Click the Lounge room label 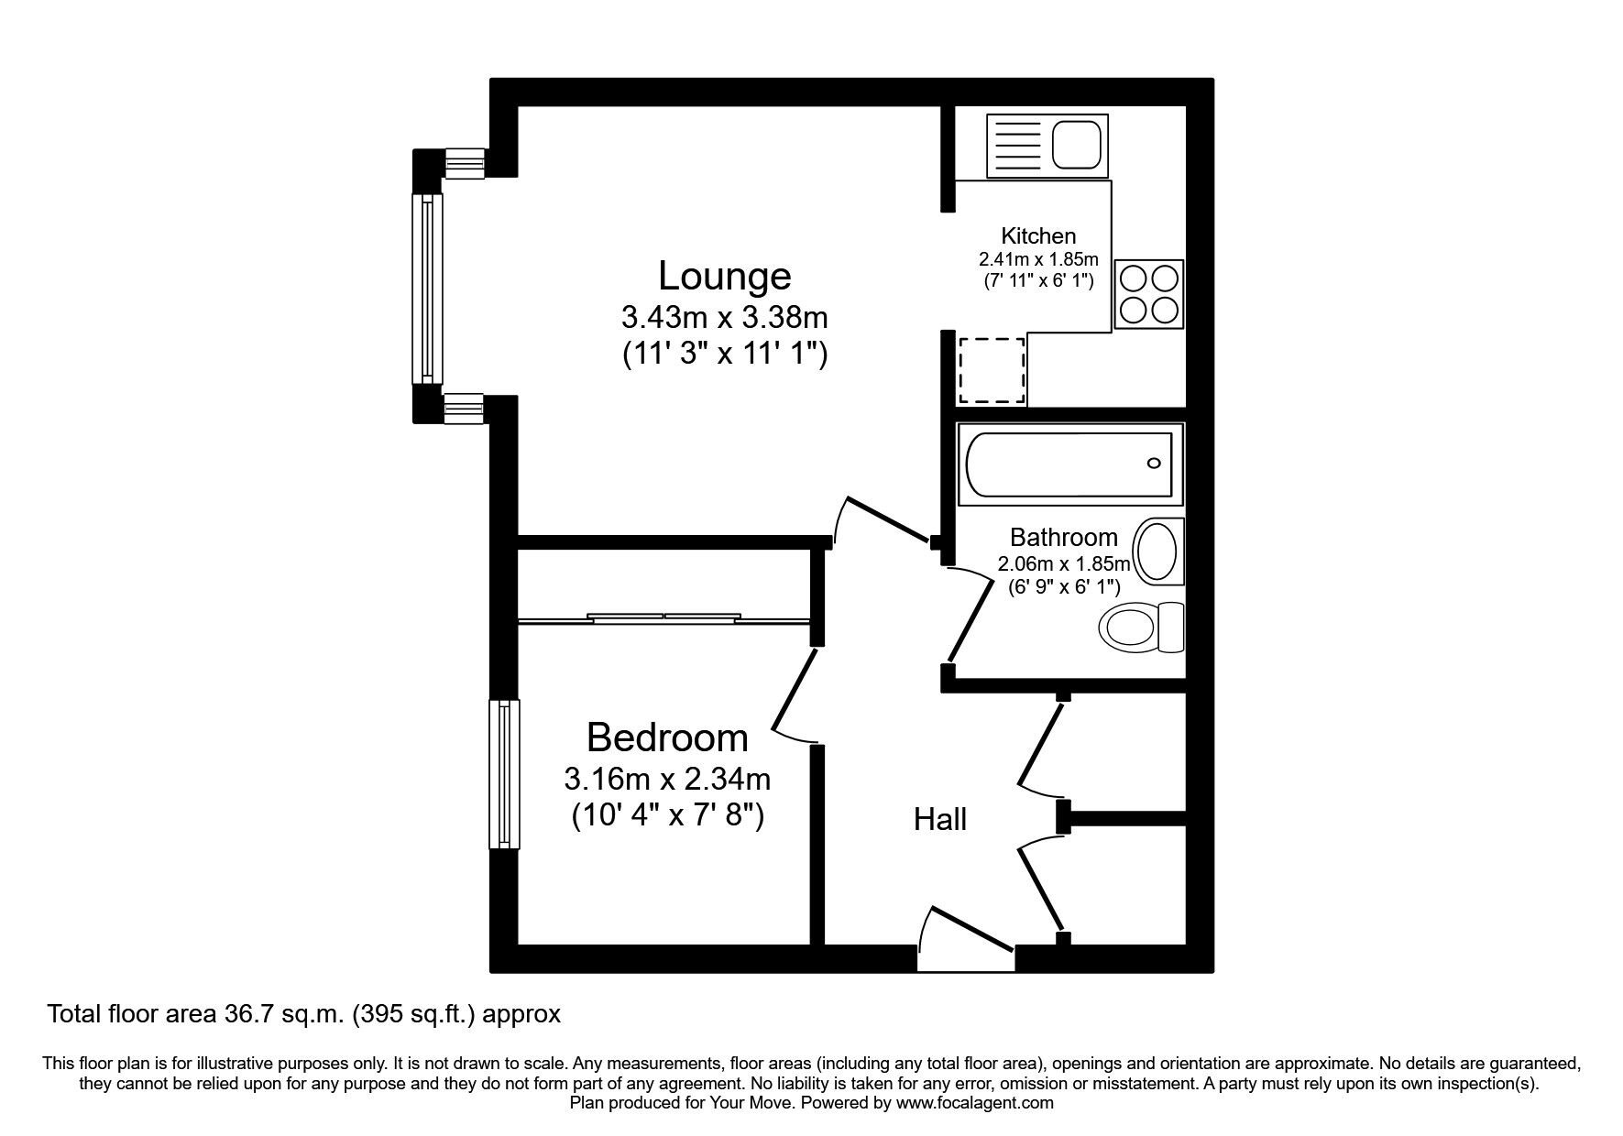(724, 276)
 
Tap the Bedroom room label (667, 737)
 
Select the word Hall (940, 819)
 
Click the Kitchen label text (1038, 236)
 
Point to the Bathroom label (1063, 538)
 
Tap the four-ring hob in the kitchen (1149, 294)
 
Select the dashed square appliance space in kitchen (991, 370)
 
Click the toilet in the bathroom (1141, 628)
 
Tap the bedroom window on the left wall (504, 774)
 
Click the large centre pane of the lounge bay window (427, 289)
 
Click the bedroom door (794, 692)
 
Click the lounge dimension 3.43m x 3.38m (724, 318)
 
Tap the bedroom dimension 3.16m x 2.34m (667, 780)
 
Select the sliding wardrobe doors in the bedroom (663, 619)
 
